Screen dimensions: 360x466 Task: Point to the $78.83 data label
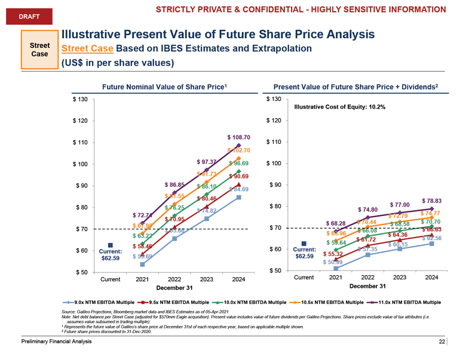(431, 201)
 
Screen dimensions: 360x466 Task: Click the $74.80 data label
(367, 210)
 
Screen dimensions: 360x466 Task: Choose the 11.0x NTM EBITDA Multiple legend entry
(406, 302)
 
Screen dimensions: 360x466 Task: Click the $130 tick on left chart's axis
(80, 99)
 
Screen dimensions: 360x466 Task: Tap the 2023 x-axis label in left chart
(206, 279)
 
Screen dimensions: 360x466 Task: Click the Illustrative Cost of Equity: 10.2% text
(339, 107)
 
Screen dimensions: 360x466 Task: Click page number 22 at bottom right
(442, 341)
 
